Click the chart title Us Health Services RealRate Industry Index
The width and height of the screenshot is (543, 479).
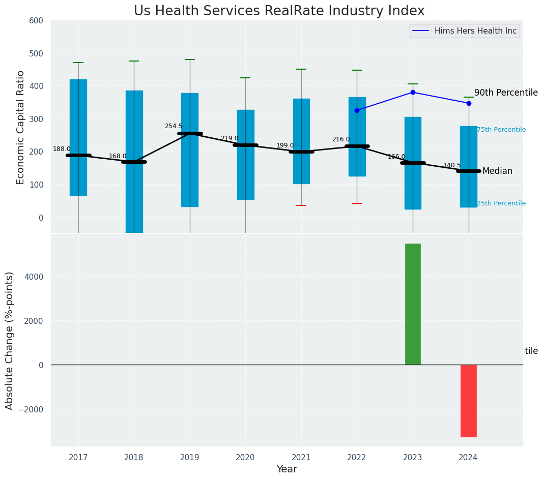point(279,11)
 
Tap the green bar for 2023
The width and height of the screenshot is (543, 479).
point(413,304)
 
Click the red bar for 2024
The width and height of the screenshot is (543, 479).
point(468,401)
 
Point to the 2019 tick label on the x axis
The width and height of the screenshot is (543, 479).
point(190,458)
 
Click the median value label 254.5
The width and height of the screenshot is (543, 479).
point(173,126)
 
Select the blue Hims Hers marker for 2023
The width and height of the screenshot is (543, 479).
point(413,92)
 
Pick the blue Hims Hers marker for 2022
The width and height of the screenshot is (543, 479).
point(357,110)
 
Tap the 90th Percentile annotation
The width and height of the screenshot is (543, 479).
point(506,93)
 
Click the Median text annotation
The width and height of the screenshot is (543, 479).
point(497,171)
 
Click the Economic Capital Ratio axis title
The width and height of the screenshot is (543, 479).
point(21,128)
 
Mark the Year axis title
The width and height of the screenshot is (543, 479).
point(287,469)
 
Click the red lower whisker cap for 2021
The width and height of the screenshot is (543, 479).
point(301,205)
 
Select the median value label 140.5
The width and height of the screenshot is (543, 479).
point(452,165)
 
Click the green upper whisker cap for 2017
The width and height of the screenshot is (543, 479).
point(78,63)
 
